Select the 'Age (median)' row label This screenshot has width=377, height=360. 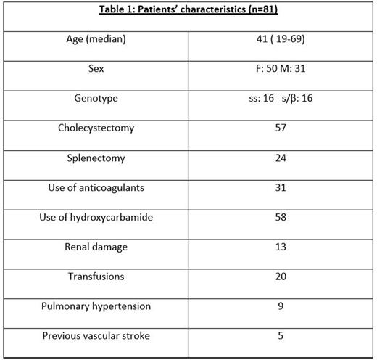96,39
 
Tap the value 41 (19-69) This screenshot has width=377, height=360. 281,39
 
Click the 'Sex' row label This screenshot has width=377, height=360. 96,69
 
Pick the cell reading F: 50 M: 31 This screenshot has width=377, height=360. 281,69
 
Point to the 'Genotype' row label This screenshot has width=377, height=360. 96,98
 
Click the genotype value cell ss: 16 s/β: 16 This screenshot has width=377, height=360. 281,99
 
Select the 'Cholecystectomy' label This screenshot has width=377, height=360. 96,128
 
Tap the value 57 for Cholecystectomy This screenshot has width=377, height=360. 281,128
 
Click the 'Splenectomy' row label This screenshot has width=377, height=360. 96,157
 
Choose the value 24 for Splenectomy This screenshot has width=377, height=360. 281,157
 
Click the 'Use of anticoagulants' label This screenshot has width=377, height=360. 96,187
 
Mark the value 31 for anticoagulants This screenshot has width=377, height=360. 281,187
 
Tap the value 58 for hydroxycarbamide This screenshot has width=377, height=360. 281,217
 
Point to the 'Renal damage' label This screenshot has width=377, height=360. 96,247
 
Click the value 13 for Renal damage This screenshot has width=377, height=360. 281,247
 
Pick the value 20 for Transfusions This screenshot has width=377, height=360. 281,277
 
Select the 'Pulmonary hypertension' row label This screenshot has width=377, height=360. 96,306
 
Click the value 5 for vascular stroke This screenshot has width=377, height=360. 281,335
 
